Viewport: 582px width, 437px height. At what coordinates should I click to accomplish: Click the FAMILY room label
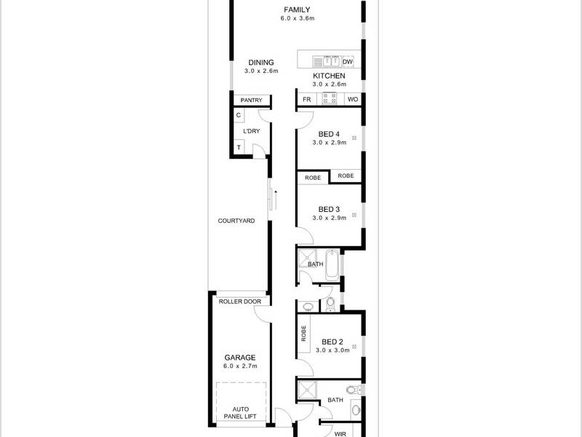tap(297, 9)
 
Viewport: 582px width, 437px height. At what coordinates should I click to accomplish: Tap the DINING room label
tap(261, 63)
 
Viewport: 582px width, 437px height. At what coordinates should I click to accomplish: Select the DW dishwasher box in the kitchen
tap(348, 62)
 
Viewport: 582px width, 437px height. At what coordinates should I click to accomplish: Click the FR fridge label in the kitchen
tap(306, 99)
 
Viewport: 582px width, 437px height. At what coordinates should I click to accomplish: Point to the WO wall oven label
tap(353, 99)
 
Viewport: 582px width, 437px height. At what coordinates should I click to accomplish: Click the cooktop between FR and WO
tap(330, 99)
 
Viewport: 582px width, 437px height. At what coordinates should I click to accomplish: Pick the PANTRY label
tap(251, 101)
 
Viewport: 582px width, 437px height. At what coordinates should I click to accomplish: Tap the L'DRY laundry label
tap(251, 131)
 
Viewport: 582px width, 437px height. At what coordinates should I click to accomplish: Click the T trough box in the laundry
tap(239, 147)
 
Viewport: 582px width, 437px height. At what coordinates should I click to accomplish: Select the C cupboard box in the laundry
tap(239, 115)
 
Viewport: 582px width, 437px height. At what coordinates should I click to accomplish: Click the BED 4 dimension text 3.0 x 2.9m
tap(330, 142)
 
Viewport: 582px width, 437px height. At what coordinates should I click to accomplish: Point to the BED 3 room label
tap(329, 209)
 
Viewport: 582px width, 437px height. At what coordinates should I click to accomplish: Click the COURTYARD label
tap(236, 221)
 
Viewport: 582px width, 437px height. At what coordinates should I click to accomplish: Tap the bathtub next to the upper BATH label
tap(332, 265)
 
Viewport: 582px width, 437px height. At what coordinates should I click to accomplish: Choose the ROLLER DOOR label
tap(240, 302)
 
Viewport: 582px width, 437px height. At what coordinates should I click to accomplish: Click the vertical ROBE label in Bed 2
tap(304, 334)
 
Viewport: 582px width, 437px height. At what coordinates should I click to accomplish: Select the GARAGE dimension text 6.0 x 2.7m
tap(240, 366)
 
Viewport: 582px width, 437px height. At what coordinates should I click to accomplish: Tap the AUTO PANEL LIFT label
tap(241, 413)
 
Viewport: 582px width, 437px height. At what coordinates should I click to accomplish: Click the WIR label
tap(340, 434)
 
